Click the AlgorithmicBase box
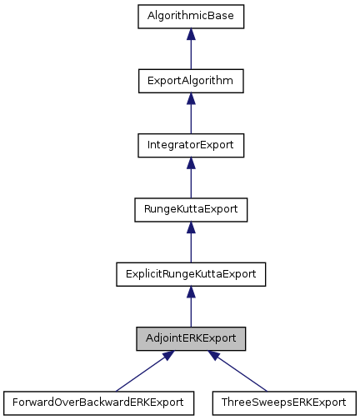[191, 17]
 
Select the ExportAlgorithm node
[191, 81]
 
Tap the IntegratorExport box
[191, 145]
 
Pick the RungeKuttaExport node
[191, 209]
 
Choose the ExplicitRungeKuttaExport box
[191, 273]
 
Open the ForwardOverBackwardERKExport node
[98, 402]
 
